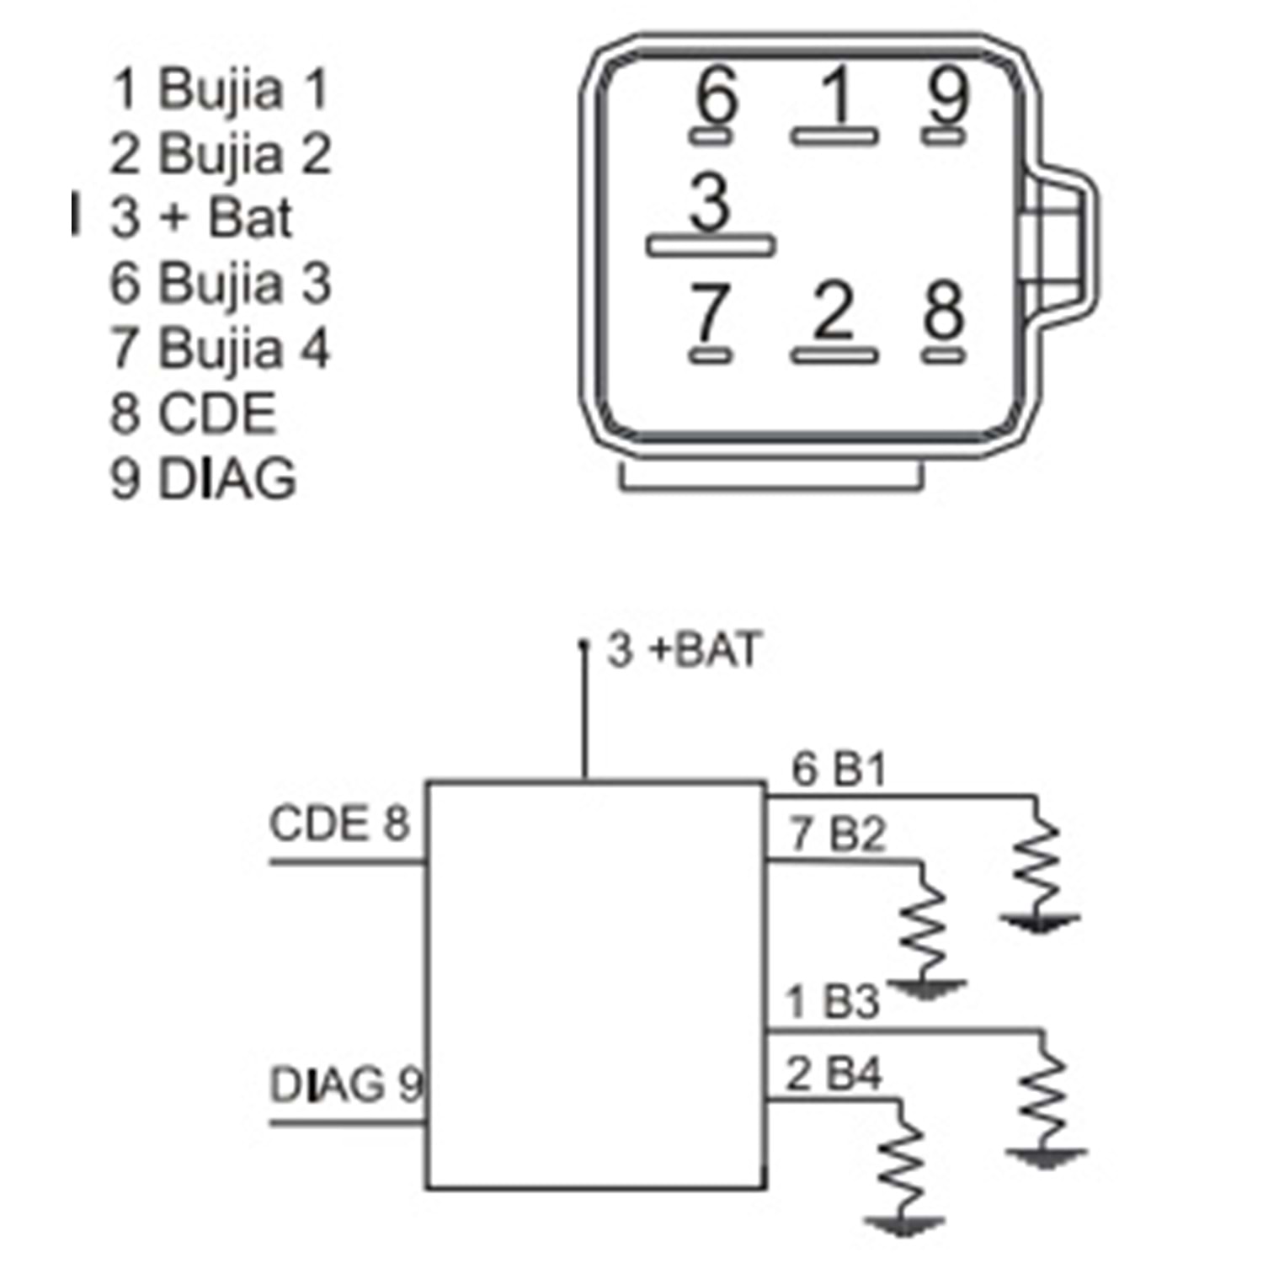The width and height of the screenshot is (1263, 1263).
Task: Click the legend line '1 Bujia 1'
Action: coord(219,89)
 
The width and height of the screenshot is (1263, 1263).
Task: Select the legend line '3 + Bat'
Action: coord(201,218)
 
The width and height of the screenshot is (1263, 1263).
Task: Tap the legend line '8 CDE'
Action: coord(193,413)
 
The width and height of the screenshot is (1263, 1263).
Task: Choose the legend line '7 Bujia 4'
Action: coord(220,349)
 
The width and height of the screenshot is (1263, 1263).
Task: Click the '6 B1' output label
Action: coord(839,769)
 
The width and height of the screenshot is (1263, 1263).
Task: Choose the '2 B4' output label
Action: coord(834,1074)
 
